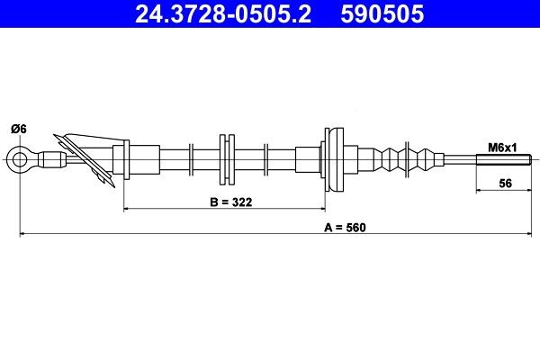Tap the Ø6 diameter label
(x=18, y=129)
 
